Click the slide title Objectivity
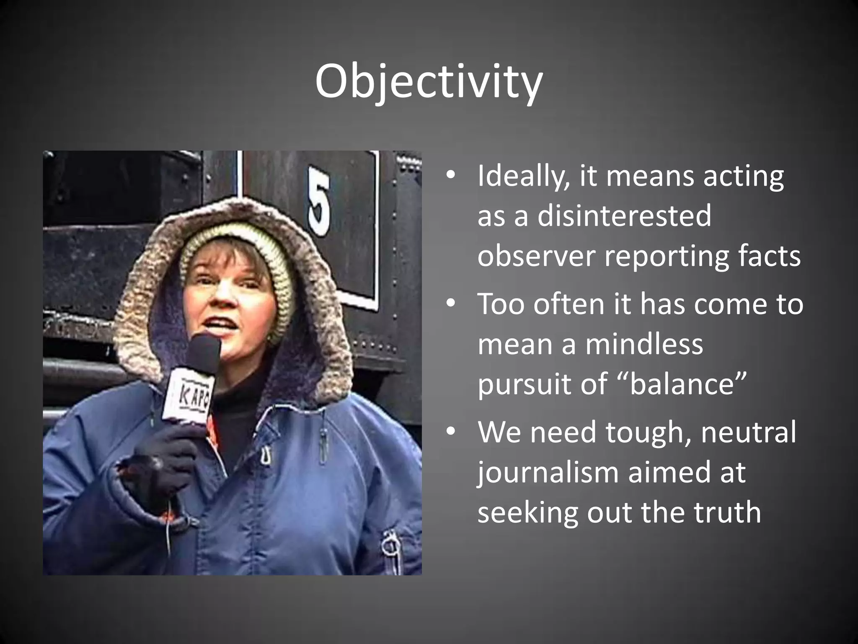click(429, 82)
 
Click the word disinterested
click(624, 216)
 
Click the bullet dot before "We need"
click(450, 432)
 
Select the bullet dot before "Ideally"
click(450, 176)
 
